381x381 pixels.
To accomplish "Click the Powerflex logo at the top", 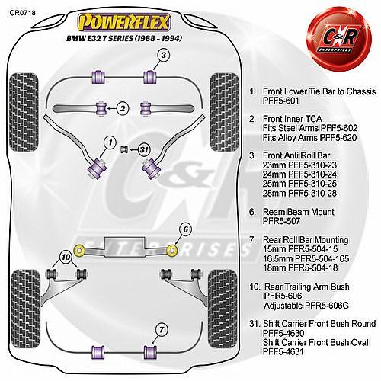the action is (123, 22).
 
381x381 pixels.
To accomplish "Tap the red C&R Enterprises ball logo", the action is (338, 40).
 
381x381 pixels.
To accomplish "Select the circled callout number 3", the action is (164, 55).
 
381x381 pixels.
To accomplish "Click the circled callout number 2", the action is (123, 108).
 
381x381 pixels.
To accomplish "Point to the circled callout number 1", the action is (110, 142).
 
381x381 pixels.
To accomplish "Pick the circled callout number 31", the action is (144, 149).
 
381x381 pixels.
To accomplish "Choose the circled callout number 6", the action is (186, 229).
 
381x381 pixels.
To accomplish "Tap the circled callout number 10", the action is (66, 257).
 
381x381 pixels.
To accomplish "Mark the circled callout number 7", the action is (162, 330).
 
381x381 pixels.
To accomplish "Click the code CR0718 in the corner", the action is (23, 13).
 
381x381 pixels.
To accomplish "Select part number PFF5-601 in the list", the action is (281, 101).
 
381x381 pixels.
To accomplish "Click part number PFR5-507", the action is (281, 221).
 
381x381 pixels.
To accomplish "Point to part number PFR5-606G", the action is (327, 306).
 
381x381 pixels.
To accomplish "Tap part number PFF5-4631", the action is (283, 352).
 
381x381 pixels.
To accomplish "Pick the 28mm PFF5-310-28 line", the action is (299, 193).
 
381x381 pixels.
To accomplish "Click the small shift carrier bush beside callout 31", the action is (124, 149).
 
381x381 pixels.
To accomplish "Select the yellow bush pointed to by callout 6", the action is (172, 250).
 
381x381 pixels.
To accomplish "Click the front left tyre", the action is (24, 112).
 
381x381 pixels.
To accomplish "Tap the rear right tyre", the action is (223, 309).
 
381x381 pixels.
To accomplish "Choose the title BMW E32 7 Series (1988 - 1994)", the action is (124, 38).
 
